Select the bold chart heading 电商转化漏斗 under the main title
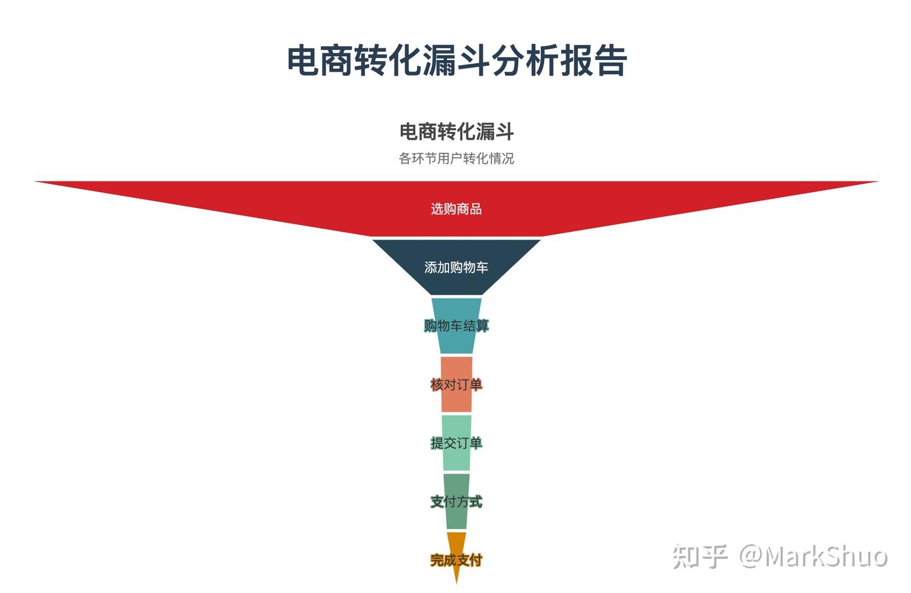point(456,131)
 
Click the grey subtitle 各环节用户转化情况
point(456,158)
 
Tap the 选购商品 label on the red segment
point(456,209)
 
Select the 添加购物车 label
point(456,267)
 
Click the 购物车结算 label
point(456,326)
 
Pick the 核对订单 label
point(456,384)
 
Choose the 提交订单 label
point(456,443)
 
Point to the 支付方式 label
point(456,501)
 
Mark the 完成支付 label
point(456,559)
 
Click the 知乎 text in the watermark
point(700,556)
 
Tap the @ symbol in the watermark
point(751,556)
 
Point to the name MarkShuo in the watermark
point(826,556)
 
